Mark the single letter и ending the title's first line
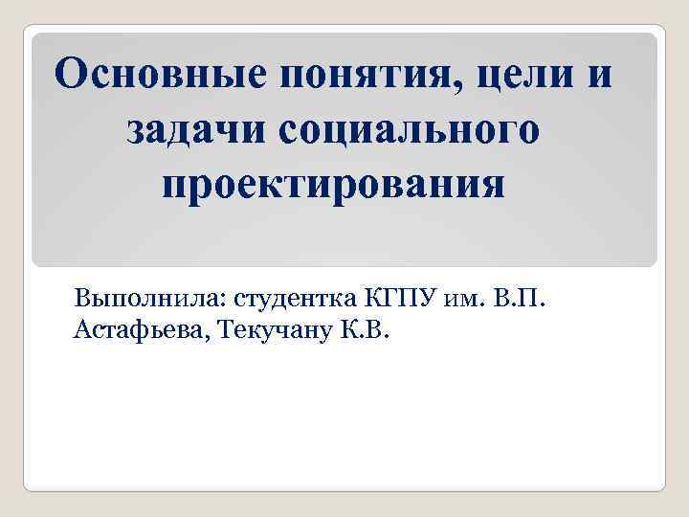point(600,77)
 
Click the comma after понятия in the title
point(463,88)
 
